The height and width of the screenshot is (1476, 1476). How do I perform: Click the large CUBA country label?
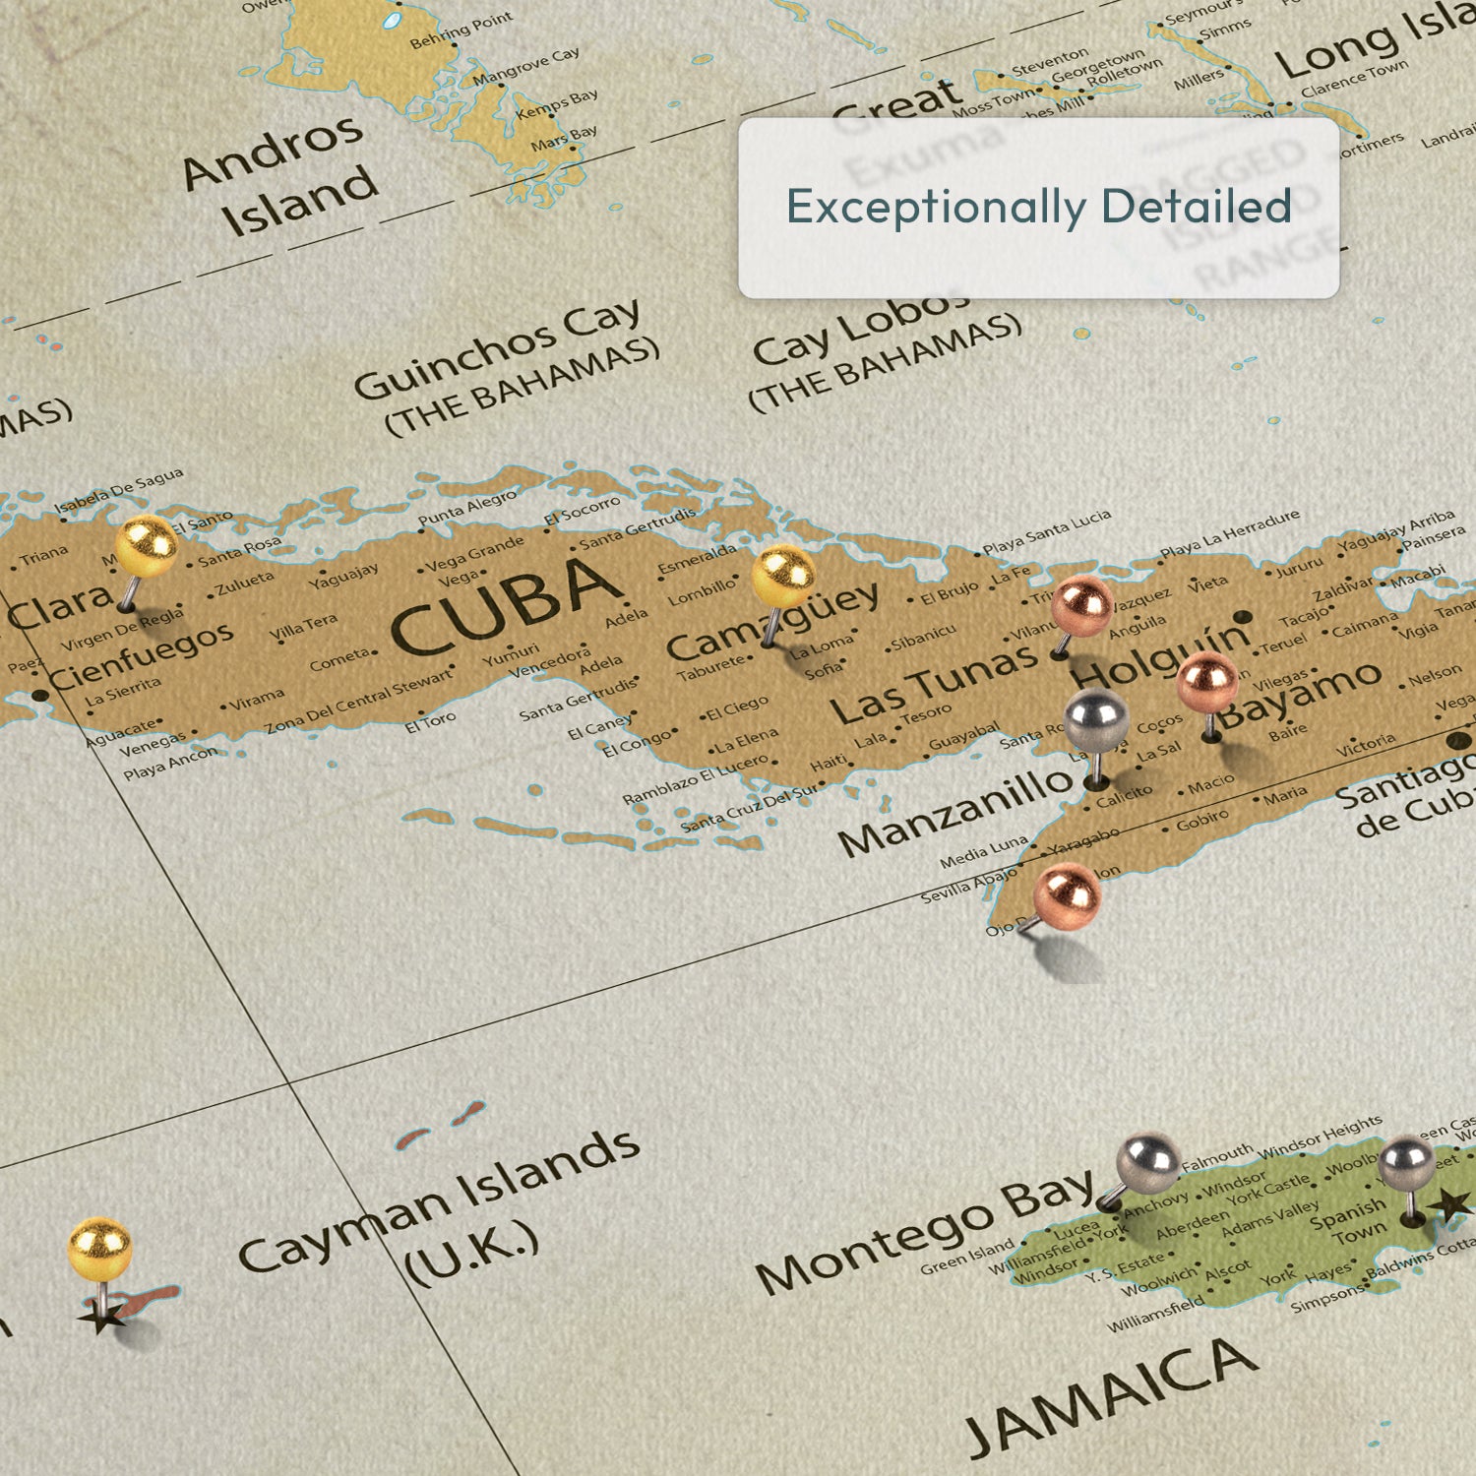(x=507, y=604)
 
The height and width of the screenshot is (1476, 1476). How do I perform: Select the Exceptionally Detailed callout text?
(x=1038, y=207)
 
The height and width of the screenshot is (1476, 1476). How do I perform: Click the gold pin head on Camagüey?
(x=783, y=576)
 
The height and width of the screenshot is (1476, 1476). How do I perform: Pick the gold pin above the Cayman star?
(x=99, y=1249)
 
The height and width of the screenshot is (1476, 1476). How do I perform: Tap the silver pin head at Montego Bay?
(x=1148, y=1163)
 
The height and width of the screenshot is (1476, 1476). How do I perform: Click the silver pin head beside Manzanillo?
(x=1095, y=718)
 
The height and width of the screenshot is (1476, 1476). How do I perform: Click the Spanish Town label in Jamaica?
(x=1349, y=1221)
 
